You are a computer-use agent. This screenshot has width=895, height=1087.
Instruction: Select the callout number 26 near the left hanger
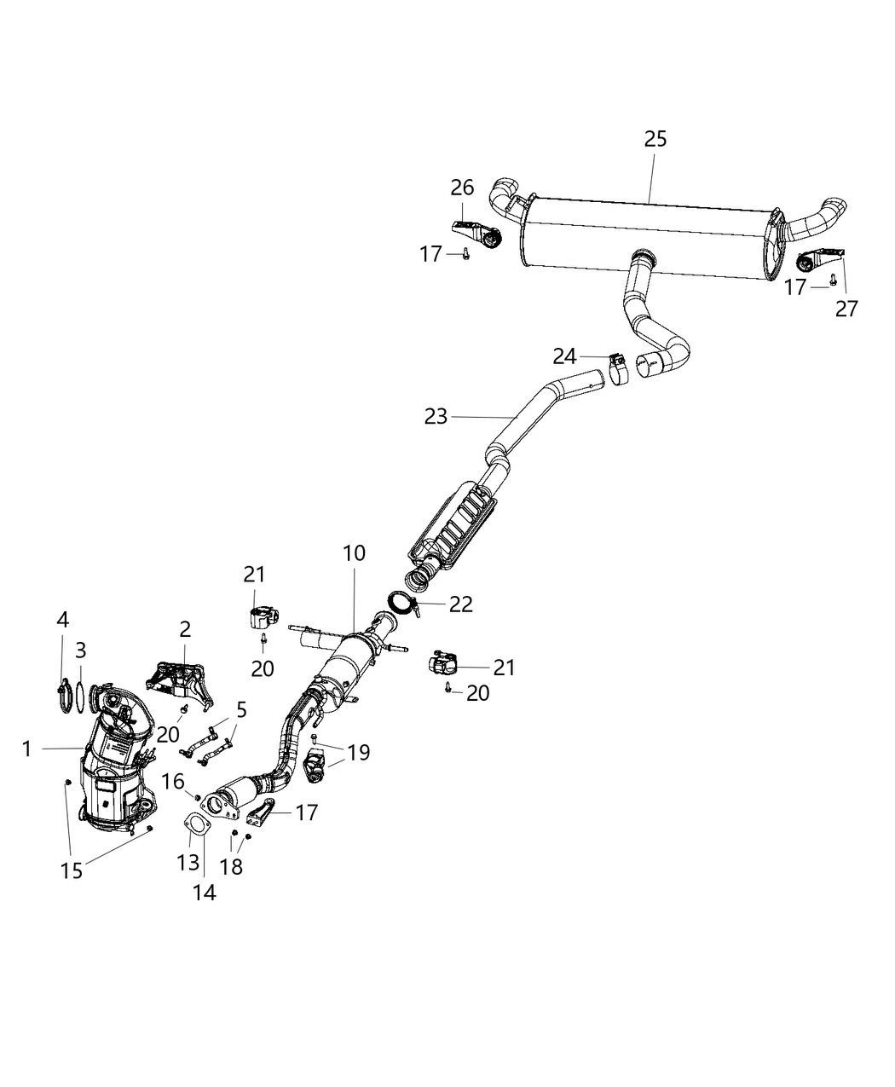461,187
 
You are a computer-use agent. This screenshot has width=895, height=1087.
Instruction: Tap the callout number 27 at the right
846,308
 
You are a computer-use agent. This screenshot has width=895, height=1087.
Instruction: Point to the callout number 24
564,356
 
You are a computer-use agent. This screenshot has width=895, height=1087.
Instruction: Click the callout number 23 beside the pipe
436,416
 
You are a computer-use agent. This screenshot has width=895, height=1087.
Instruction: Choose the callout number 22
460,604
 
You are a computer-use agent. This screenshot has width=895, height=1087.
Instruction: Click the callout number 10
354,553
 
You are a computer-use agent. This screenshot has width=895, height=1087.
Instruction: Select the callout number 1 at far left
27,749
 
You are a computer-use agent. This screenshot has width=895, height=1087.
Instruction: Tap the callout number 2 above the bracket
185,630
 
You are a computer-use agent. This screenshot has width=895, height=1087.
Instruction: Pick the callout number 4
63,619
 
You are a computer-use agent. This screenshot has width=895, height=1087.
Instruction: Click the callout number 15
72,870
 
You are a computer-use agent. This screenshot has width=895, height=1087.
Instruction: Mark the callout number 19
359,752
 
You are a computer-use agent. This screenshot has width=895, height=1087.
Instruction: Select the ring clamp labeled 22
401,604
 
